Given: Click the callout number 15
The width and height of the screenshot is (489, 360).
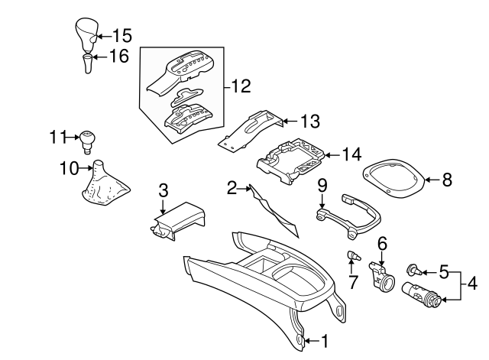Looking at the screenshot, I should pyautogui.click(x=122, y=35).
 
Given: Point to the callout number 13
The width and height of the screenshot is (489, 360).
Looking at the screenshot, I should pyautogui.click(x=309, y=121).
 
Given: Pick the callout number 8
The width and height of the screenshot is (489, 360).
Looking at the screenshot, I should pyautogui.click(x=448, y=180).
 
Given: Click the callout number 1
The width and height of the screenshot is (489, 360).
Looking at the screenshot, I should pyautogui.click(x=325, y=340).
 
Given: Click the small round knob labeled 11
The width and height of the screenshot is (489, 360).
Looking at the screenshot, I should pyautogui.click(x=88, y=139).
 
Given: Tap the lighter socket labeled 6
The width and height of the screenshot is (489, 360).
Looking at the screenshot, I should pyautogui.click(x=383, y=277).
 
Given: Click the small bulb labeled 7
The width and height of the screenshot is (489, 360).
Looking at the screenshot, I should pyautogui.click(x=355, y=256).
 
